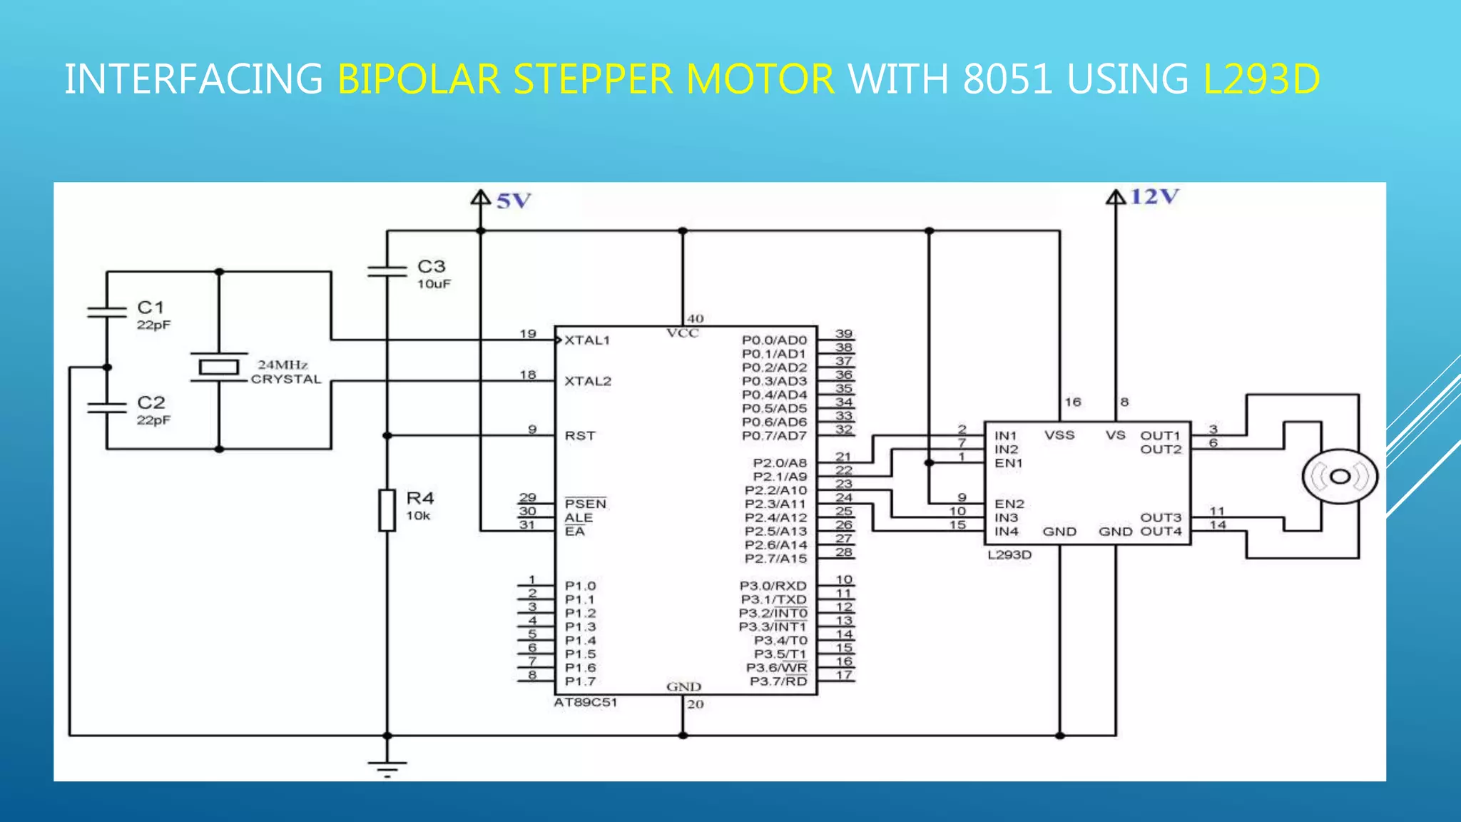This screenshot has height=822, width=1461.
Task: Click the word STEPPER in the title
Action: [593, 78]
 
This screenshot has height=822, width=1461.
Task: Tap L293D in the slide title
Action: [1261, 78]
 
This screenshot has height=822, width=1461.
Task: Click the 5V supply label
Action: [514, 201]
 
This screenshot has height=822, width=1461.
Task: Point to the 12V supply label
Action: [1154, 196]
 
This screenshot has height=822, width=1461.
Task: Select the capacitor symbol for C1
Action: [107, 312]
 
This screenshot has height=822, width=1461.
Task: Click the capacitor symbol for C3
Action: [387, 271]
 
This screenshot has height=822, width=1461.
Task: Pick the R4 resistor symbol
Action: [387, 510]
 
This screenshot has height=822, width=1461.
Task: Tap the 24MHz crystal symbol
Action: [219, 367]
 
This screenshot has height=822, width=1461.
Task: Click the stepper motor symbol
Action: [1340, 477]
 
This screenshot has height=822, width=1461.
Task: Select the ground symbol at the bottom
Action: [387, 768]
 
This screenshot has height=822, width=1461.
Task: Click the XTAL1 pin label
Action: [587, 340]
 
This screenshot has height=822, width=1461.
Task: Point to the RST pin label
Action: [580, 436]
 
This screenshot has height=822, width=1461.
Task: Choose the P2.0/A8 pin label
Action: [780, 463]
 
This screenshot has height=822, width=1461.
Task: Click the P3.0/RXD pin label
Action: [773, 586]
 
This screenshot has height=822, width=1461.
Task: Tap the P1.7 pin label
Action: [580, 681]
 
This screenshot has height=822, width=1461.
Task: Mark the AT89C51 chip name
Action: [586, 702]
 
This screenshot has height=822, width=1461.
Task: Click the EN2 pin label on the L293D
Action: [1009, 504]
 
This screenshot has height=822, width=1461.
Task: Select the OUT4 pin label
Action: [1161, 532]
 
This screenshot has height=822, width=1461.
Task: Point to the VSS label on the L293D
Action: [1059, 435]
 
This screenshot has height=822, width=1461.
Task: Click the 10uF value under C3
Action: [434, 284]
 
